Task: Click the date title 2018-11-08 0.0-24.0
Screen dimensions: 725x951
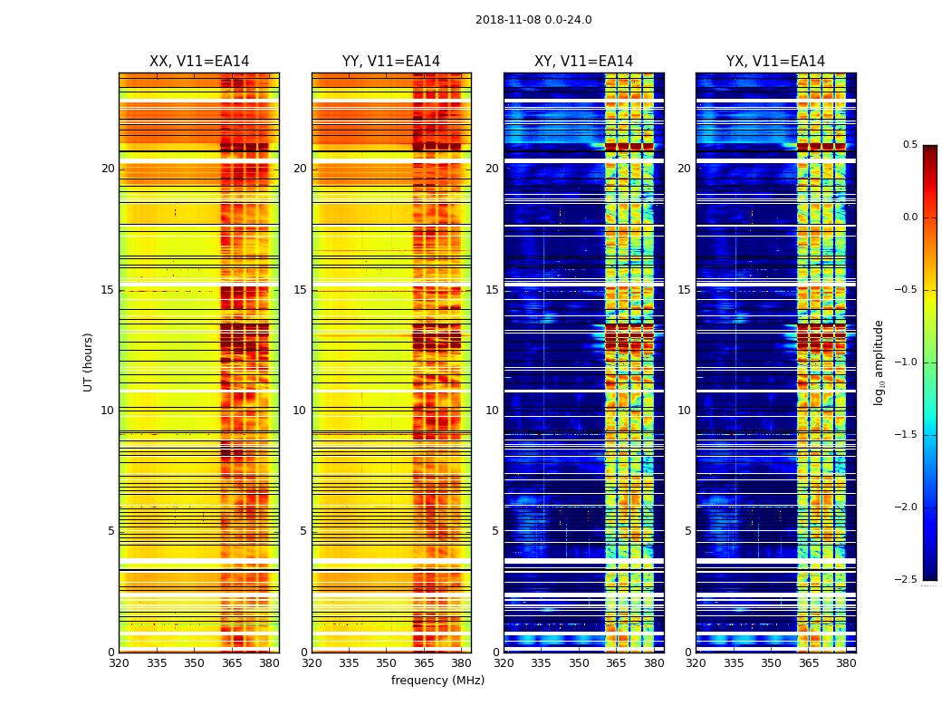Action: pos(533,20)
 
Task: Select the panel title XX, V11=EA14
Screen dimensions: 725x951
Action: pos(199,62)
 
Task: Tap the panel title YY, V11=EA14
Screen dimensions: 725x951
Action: pos(391,62)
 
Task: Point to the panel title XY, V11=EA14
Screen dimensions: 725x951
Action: pos(583,62)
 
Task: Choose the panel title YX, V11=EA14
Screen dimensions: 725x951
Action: pos(775,62)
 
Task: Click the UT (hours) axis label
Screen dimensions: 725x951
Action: pos(88,362)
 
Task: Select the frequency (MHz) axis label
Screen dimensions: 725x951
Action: pos(437,681)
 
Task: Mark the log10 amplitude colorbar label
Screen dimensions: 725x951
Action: pos(879,362)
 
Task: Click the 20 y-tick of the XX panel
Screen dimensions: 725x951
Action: pos(108,169)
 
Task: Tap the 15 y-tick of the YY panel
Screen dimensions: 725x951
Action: pos(300,290)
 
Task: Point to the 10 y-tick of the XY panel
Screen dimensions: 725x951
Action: pos(492,411)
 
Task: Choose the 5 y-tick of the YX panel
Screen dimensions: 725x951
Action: pos(687,531)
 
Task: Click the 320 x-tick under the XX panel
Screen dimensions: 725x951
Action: pos(119,663)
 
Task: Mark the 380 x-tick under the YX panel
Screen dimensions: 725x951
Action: pos(846,663)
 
